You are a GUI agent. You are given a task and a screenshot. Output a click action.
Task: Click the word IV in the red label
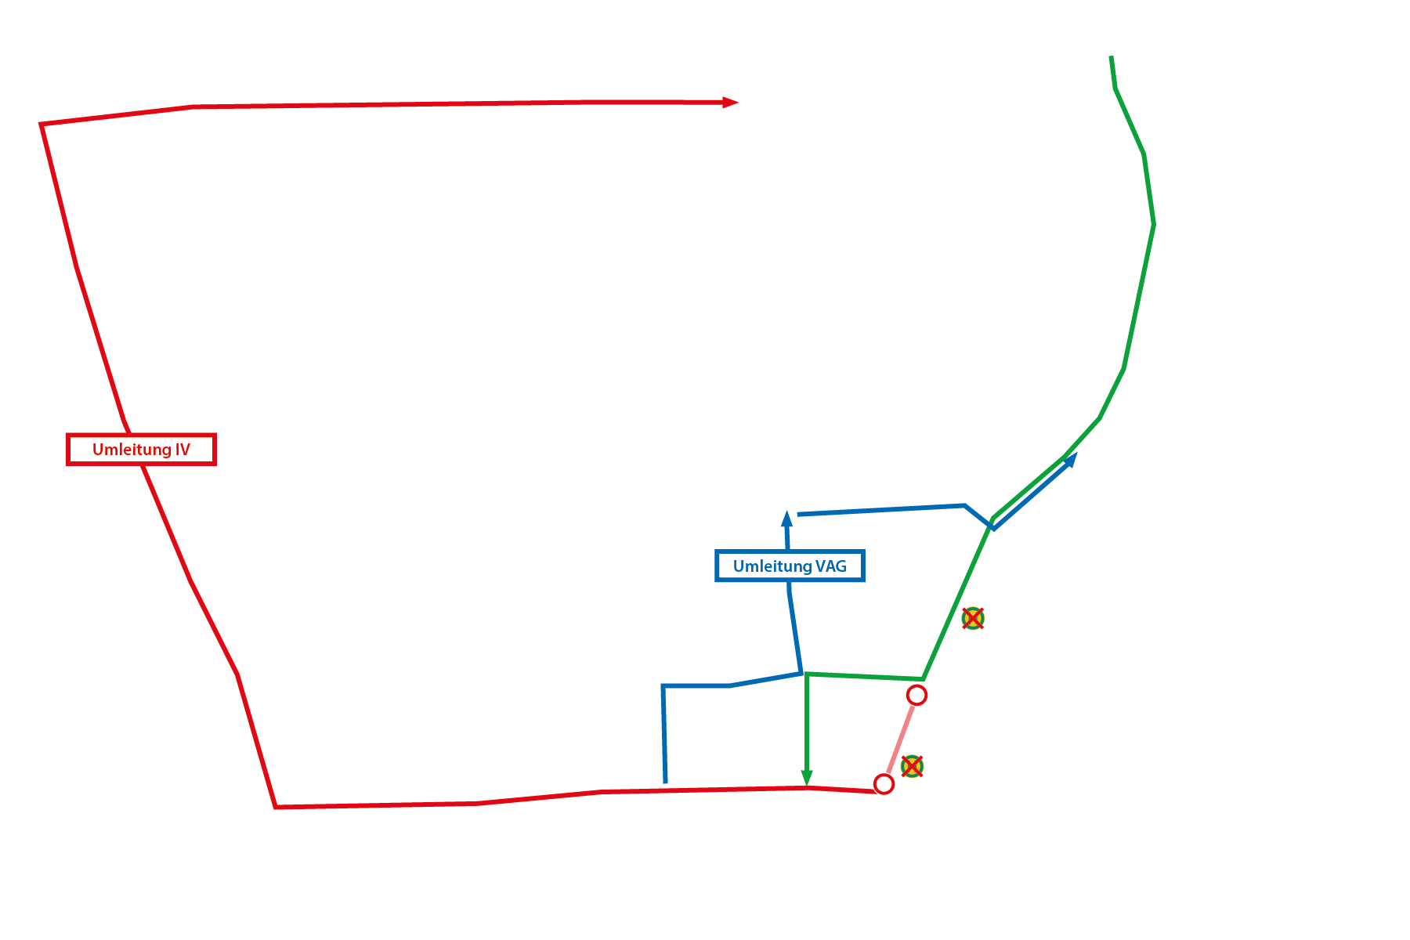point(182,450)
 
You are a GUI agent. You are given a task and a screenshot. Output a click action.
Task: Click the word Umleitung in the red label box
point(131,450)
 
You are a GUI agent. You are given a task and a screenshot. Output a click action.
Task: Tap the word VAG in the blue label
point(830,566)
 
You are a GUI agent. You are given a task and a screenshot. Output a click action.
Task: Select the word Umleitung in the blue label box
point(772,566)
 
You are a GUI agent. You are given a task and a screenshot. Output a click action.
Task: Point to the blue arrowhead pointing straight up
point(787,519)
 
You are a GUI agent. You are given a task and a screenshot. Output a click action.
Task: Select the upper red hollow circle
point(916,695)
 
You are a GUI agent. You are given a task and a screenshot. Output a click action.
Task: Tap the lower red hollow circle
point(884,784)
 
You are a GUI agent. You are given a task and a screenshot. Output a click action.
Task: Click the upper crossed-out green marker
point(973,619)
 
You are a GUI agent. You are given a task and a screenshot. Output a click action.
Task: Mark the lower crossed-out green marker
point(912,766)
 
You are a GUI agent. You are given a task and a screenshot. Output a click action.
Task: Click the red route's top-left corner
point(42,124)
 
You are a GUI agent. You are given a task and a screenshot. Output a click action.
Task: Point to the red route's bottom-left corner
point(276,807)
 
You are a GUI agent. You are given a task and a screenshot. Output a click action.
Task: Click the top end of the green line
point(1112,58)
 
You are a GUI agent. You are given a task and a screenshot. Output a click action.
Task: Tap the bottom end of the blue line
point(665,781)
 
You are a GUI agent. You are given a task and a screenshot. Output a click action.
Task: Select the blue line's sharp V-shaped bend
point(992,529)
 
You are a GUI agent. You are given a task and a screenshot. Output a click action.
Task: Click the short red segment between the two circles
point(900,739)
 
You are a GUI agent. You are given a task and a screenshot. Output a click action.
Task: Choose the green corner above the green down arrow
point(807,674)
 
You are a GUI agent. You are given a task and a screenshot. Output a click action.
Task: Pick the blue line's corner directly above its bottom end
point(663,686)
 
